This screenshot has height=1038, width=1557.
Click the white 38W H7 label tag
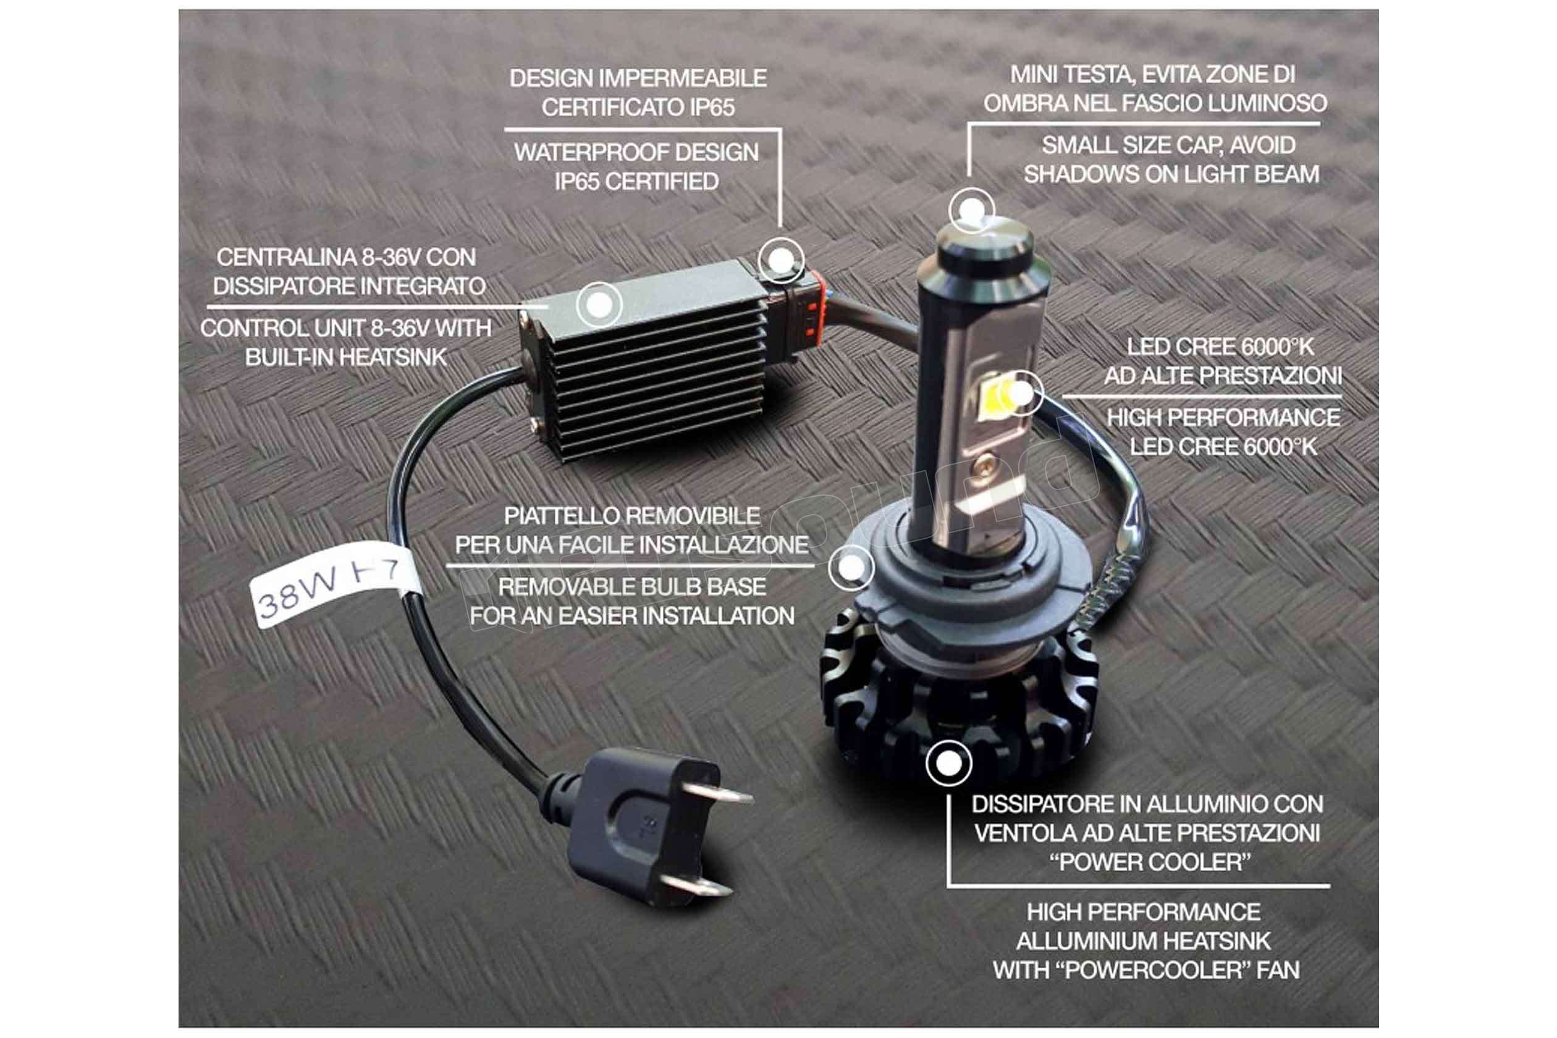pyautogui.click(x=334, y=584)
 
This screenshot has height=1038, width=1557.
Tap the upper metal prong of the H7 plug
pyautogui.click(x=717, y=794)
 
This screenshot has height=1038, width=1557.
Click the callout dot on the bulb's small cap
pyautogui.click(x=971, y=211)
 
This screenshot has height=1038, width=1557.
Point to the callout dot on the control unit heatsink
pyautogui.click(x=599, y=305)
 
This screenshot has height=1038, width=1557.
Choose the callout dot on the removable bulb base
pyautogui.click(x=851, y=567)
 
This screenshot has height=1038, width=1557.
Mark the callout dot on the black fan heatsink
pyautogui.click(x=948, y=763)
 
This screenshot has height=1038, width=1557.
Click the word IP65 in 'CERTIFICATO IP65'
pyautogui.click(x=712, y=108)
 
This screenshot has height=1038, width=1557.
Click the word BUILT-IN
pyautogui.click(x=290, y=357)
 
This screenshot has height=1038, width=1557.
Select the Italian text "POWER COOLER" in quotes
pyautogui.click(x=1150, y=862)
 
